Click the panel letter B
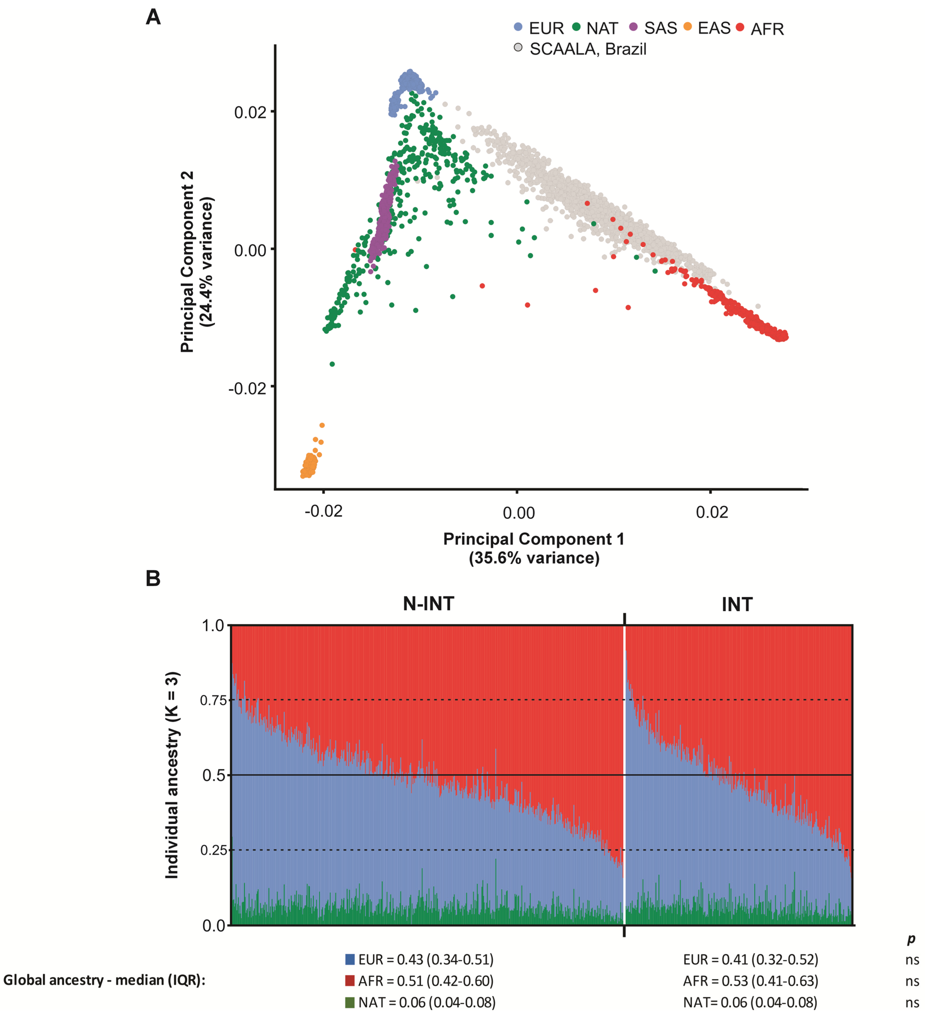click(153, 578)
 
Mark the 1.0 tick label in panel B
click(213, 626)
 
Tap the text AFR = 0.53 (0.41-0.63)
click(750, 981)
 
